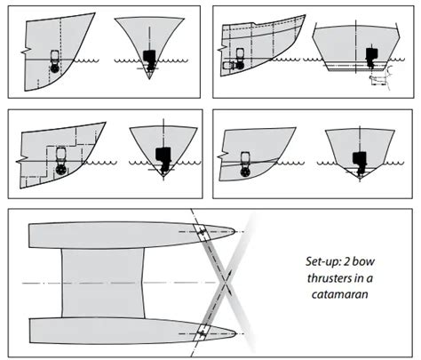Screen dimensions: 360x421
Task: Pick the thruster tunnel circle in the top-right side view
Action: click(239, 65)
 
